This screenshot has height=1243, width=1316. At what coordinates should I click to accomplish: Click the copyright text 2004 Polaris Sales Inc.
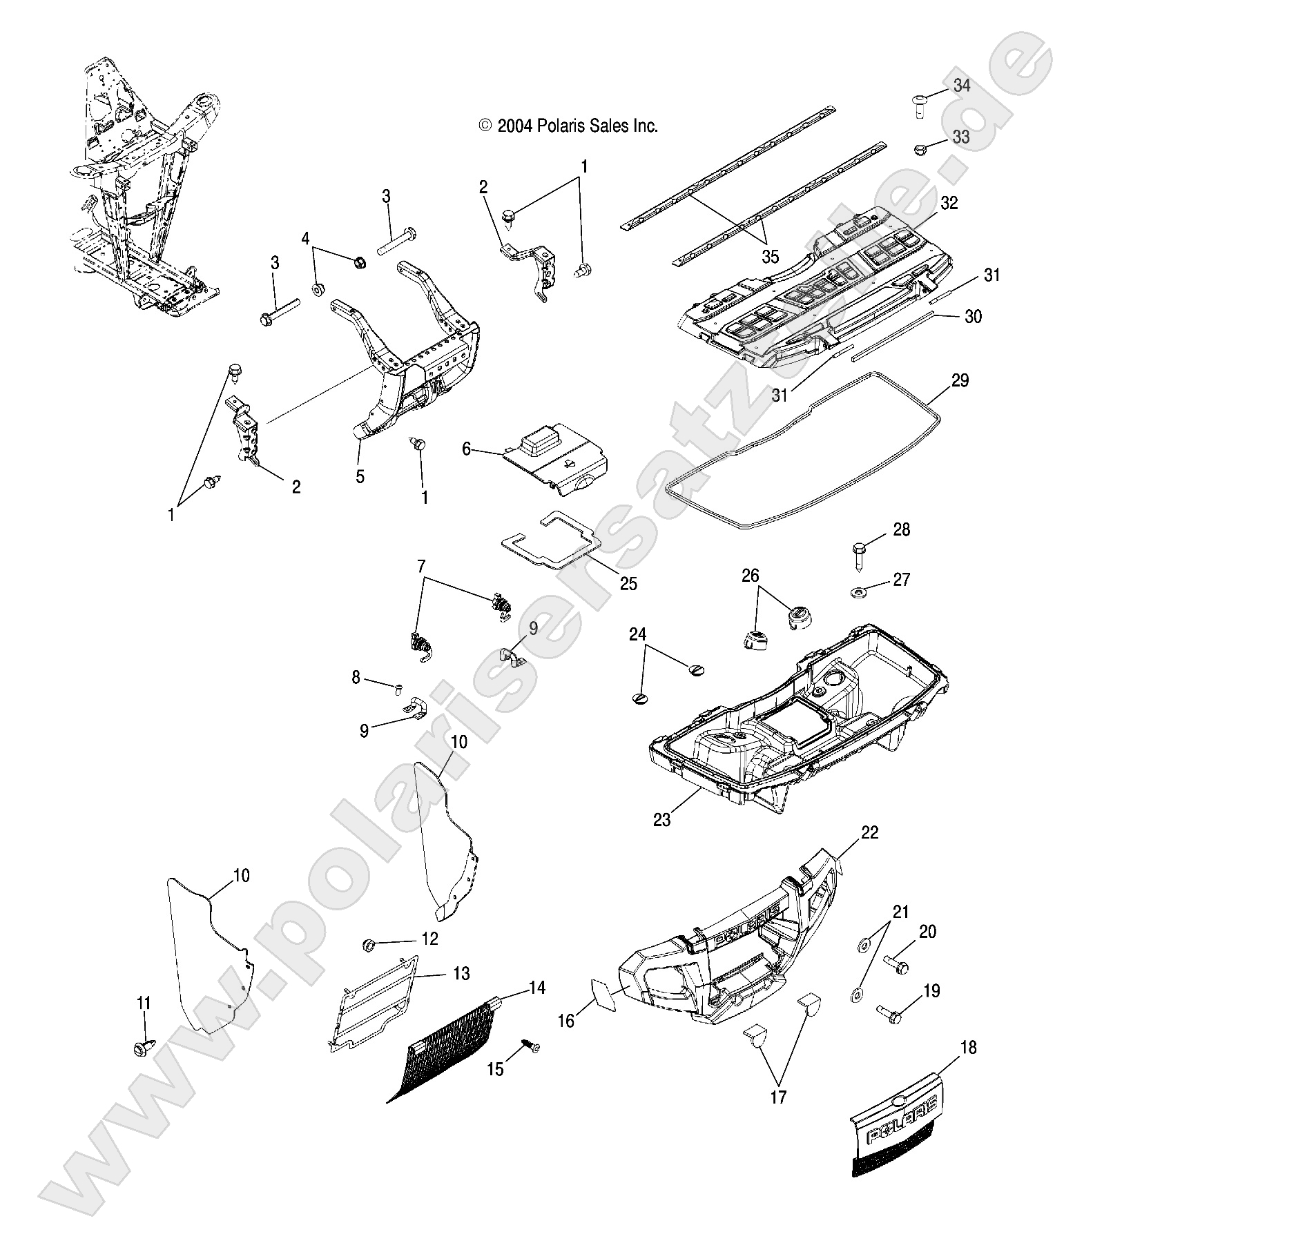568,126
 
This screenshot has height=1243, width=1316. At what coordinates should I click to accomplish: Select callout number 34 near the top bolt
961,86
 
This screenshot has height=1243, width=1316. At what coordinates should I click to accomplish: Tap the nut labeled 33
919,149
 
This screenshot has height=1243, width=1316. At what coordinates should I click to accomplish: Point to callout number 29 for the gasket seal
960,380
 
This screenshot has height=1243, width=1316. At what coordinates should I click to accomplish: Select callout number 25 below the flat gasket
628,583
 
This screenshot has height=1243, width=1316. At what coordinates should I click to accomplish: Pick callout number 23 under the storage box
661,820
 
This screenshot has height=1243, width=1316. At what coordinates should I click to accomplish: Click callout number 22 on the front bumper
869,832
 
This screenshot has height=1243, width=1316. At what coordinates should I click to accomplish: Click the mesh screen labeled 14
449,1053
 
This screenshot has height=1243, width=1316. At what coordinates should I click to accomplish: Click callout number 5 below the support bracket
360,476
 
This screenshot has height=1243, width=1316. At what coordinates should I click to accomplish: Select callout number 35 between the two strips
769,257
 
